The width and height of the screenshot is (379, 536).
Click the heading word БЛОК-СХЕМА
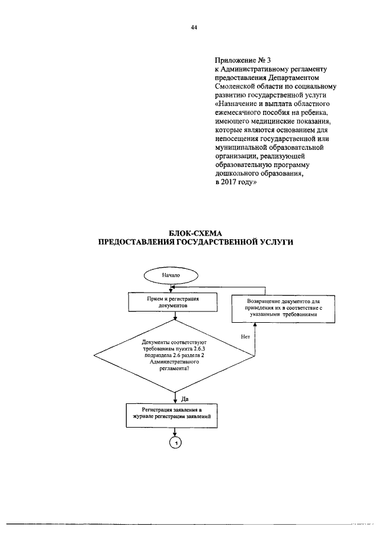pos(194,233)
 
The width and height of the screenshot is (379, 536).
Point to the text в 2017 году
pos(235,183)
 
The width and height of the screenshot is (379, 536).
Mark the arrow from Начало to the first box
pos(171,288)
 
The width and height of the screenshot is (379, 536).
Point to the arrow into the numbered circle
pos(175,431)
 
